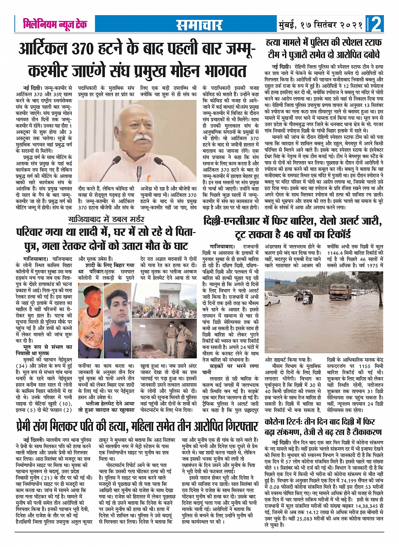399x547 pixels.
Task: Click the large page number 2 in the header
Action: pyautogui.click(x=376, y=24)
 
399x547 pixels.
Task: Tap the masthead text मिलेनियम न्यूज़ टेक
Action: pyautogui.click(x=55, y=24)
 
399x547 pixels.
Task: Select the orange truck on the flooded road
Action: pyautogui.click(x=340, y=291)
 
